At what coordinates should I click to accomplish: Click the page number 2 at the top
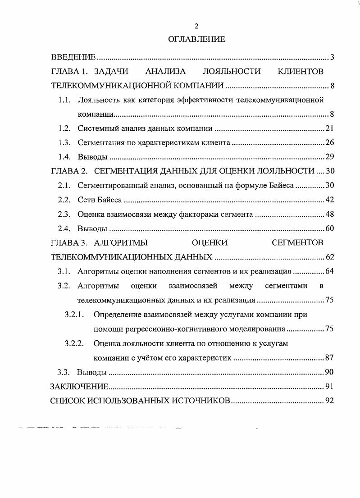click(196, 26)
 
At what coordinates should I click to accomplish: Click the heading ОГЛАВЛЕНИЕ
click(196, 40)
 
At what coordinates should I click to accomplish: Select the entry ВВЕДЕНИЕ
click(73, 57)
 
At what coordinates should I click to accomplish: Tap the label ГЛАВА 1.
click(68, 71)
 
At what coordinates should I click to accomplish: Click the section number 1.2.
click(65, 128)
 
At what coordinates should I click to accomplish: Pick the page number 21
click(329, 128)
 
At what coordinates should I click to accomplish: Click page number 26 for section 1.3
click(329, 143)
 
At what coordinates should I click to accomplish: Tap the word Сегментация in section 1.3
click(99, 143)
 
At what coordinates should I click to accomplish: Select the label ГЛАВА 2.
click(68, 171)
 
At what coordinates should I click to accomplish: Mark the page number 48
click(329, 214)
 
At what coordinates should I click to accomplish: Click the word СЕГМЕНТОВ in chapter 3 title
click(297, 243)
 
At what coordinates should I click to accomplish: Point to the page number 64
click(329, 272)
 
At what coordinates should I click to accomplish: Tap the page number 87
click(329, 358)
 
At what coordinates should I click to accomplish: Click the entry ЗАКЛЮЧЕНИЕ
click(80, 386)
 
